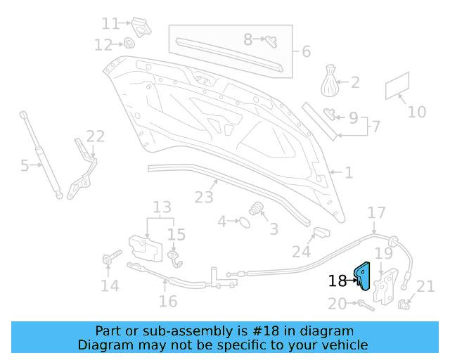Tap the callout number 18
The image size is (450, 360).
pos(337,281)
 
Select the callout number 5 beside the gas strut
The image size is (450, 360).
pos(25,166)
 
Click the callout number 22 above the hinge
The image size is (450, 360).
pos(95,136)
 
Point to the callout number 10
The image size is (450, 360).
pos(417,112)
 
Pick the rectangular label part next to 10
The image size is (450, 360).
pos(398,86)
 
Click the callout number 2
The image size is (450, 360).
pos(355,83)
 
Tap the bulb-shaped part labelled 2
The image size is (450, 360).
pos(331,81)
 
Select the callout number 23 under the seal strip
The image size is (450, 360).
pos(204,197)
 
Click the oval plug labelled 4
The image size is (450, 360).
pos(244,222)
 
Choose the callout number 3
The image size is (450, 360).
pos(274,229)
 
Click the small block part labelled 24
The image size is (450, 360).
pos(320,233)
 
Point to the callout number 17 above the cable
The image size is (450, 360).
pos(377,212)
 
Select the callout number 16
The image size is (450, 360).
pos(167,301)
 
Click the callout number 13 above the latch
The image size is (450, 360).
pos(162,207)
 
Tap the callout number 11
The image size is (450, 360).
pos(110,24)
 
